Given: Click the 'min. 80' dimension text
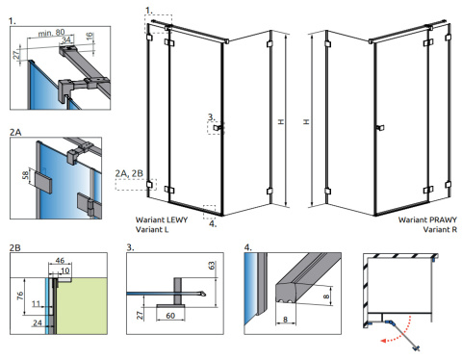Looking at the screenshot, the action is (x=51, y=33).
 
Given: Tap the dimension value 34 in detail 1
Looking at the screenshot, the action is (x=66, y=40).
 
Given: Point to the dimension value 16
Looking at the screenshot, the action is (x=90, y=36).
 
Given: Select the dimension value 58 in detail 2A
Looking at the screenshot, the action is (x=25, y=175).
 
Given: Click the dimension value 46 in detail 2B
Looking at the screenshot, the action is (x=60, y=261).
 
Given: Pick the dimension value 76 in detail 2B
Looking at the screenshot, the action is (x=20, y=296).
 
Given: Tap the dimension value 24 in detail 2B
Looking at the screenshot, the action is (x=38, y=322).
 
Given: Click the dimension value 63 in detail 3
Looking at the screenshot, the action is (x=212, y=266).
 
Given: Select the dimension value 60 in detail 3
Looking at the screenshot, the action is (x=170, y=316).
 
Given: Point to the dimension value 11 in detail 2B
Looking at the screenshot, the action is (x=36, y=303).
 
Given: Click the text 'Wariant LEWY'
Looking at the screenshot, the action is (x=162, y=219).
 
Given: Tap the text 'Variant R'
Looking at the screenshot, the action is (x=440, y=229).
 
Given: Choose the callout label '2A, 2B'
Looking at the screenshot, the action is (x=129, y=173).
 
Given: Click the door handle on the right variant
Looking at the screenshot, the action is (x=380, y=128).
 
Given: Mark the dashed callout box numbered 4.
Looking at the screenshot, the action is (x=209, y=212).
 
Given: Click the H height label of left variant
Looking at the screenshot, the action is (x=281, y=121).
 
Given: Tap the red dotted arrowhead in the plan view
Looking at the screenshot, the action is (x=383, y=340).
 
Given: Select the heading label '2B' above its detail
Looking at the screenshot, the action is (x=15, y=247).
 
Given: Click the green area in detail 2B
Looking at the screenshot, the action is (x=82, y=306).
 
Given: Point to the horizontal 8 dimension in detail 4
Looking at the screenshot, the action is (x=285, y=320).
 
